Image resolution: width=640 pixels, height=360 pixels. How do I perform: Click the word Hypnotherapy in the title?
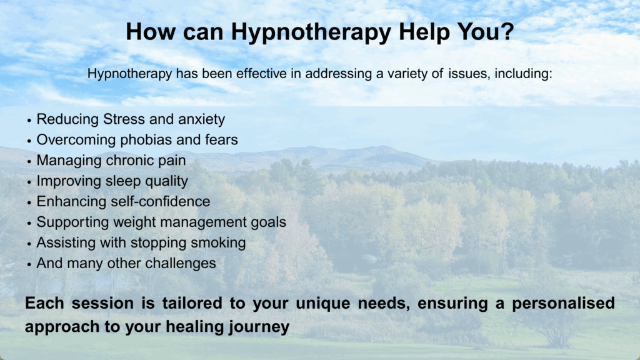click(311, 32)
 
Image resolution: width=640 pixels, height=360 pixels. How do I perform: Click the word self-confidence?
click(161, 202)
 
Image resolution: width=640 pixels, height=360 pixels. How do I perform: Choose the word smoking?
click(218, 243)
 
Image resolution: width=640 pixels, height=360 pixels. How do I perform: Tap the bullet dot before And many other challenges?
click(29, 264)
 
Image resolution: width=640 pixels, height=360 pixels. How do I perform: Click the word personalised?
click(563, 303)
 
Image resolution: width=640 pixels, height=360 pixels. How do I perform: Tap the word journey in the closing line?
click(259, 327)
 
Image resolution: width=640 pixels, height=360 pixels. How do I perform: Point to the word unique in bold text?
click(323, 304)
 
